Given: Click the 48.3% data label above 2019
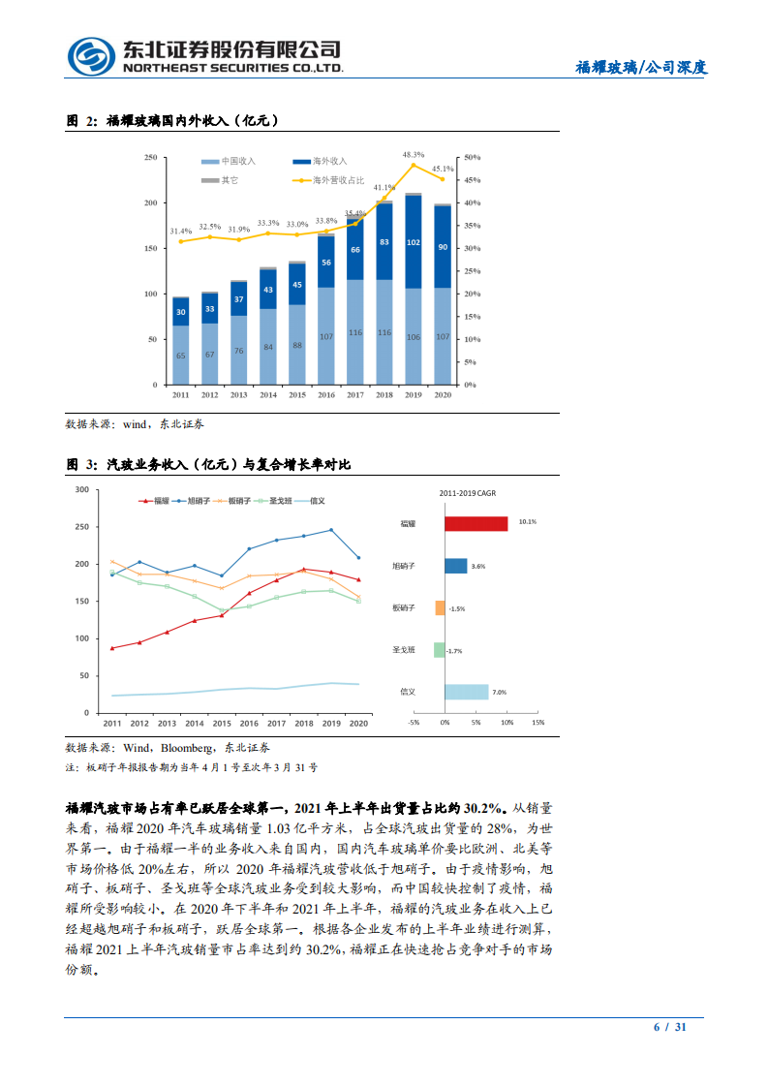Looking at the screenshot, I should coord(414,155).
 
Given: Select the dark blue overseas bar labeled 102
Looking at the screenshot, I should coord(414,241).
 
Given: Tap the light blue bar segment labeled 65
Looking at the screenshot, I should coord(180,355).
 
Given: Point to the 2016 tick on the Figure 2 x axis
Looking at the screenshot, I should coord(325,395).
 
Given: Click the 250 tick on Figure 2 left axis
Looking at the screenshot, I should coord(150,157).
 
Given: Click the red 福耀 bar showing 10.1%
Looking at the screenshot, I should coord(476,523).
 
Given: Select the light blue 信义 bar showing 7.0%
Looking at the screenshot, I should coord(466,692).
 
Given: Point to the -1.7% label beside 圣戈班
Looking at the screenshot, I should coord(454,651).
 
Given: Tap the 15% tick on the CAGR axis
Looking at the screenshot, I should coord(538,723).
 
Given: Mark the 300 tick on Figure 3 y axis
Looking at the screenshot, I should coord(82,490).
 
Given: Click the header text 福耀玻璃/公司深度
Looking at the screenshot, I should coord(641,68).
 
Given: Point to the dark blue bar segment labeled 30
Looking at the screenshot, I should coord(180,311).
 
